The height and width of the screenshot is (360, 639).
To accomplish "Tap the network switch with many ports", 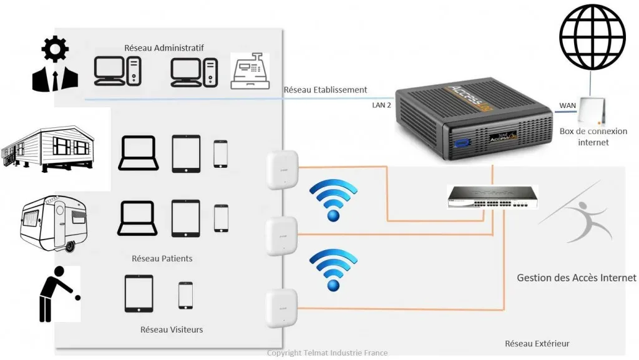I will (x=492, y=197).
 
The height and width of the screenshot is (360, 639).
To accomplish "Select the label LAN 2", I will (x=381, y=105).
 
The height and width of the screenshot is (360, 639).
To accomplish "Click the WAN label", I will (x=567, y=105).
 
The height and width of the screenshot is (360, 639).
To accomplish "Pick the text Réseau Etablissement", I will (x=325, y=90).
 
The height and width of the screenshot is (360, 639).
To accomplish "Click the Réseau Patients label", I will (x=162, y=258).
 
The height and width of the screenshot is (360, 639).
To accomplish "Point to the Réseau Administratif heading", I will (x=164, y=47).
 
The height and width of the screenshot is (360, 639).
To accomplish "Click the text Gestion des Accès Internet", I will (x=577, y=278).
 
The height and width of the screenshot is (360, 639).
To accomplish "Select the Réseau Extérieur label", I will (x=537, y=344).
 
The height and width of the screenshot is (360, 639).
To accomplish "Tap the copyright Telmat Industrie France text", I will (x=327, y=353).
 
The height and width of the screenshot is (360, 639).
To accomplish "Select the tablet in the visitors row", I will (x=139, y=293).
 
